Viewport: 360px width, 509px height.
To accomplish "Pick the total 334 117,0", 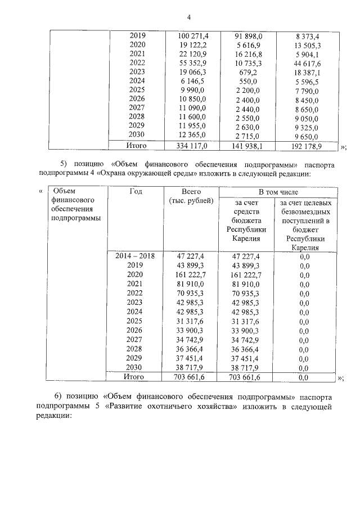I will click(x=188, y=146).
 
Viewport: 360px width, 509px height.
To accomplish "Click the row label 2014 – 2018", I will click(x=135, y=256).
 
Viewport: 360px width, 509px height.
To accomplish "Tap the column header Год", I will click(x=135, y=192).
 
